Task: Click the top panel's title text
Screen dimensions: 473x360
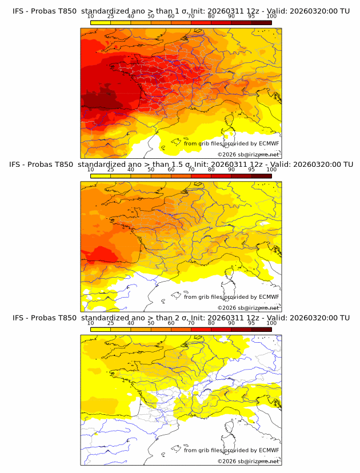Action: point(181,11)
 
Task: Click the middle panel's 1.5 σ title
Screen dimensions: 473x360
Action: point(181,165)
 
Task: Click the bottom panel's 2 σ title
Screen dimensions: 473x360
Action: point(181,318)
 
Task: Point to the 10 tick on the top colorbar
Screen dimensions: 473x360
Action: point(90,16)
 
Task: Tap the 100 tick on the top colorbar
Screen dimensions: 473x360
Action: point(271,16)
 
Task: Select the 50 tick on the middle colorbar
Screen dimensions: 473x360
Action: point(151,169)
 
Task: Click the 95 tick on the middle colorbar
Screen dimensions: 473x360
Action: point(251,169)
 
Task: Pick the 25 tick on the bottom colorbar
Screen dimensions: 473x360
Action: point(110,322)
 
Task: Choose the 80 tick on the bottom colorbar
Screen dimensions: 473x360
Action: point(211,322)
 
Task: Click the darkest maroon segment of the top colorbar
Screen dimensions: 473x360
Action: point(261,23)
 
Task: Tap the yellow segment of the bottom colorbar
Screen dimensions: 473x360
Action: point(100,329)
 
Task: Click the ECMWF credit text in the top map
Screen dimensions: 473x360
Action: point(231,143)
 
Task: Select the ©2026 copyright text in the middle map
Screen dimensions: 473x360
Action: point(248,307)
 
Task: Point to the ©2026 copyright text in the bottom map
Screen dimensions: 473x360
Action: point(248,461)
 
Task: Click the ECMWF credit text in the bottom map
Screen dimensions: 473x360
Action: point(231,450)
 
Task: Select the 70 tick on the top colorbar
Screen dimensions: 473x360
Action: point(191,16)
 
